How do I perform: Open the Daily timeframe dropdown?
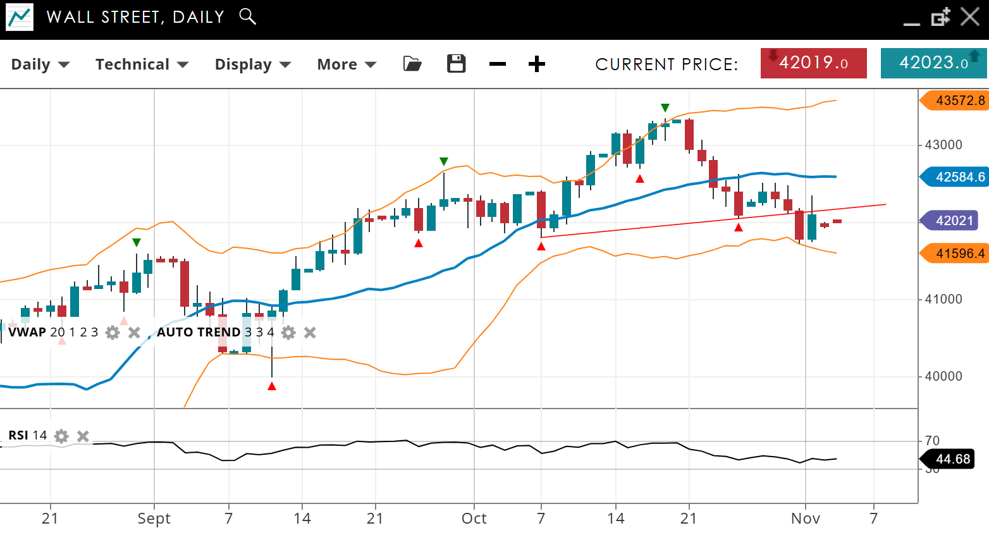coord(40,65)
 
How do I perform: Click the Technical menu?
coord(142,65)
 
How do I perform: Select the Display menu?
coord(252,65)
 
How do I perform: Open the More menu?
coord(347,65)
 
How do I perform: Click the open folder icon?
coord(412,64)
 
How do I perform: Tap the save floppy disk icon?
coord(456,64)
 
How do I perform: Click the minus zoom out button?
coord(498,64)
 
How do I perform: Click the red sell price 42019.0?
coord(813,63)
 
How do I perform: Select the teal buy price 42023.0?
coord(933,63)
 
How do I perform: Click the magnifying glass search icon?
coord(248,16)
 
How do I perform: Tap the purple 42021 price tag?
coord(952,221)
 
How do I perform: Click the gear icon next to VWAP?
coord(113,333)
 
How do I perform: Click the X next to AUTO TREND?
coord(310,333)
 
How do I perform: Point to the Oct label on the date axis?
coord(474,519)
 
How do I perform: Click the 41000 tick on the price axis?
coord(943,299)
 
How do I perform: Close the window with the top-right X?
coord(970,16)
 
